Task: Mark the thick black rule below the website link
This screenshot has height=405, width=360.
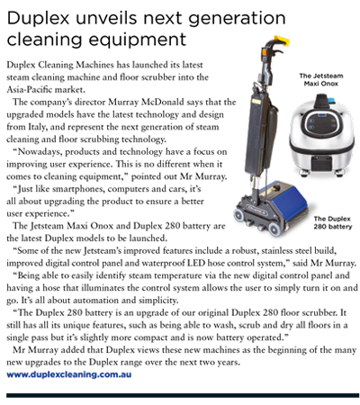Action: (x=180, y=393)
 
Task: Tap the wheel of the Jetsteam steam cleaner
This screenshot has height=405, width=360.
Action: (x=292, y=177)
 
